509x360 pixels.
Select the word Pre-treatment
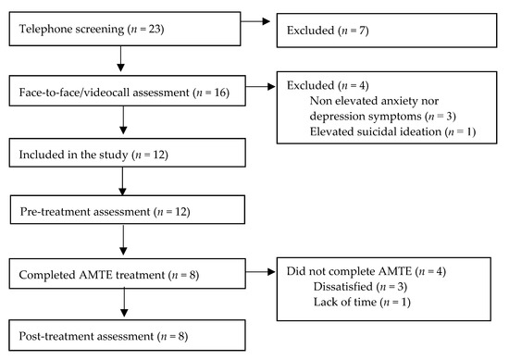point(53,213)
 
